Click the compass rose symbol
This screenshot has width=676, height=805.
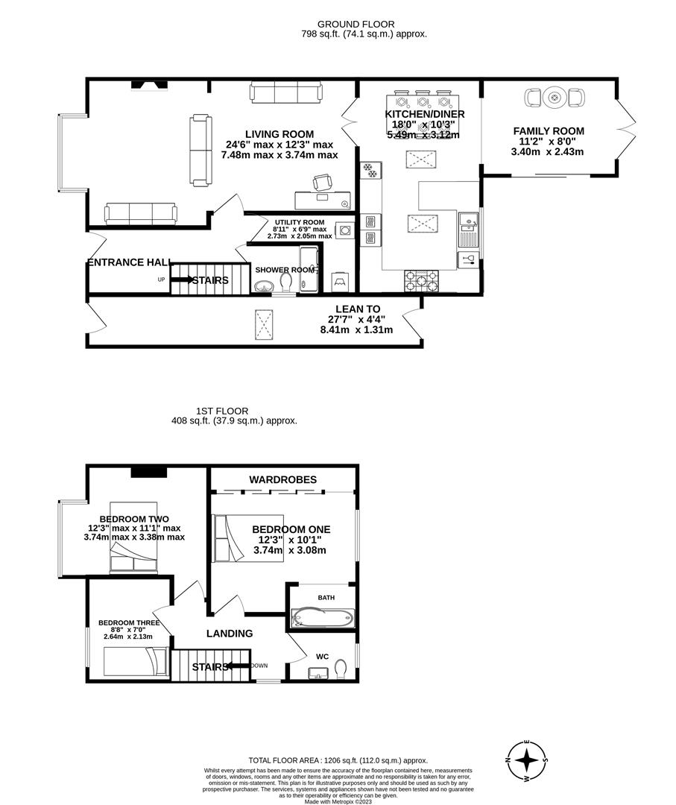[x=527, y=760]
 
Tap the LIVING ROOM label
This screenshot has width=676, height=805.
[x=279, y=134]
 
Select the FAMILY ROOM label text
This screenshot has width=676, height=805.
[x=548, y=131]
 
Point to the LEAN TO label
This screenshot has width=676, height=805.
[x=357, y=309]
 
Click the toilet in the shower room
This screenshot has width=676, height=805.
[x=287, y=282]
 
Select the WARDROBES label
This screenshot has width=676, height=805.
[x=283, y=479]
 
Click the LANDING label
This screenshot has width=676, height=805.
[x=229, y=634]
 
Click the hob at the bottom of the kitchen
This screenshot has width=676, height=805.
[x=421, y=281]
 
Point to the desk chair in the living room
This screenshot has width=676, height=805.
[x=322, y=182]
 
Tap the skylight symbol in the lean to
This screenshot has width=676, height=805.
[x=265, y=323]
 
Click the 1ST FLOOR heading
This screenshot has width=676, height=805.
[x=222, y=411]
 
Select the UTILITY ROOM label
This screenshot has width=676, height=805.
[x=299, y=222]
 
